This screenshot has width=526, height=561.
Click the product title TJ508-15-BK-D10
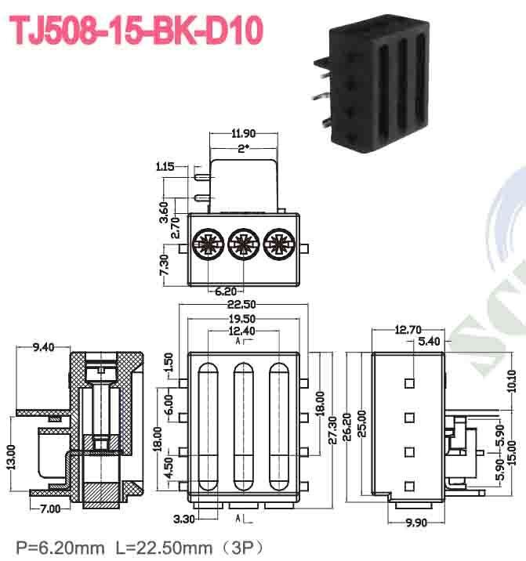point(134,30)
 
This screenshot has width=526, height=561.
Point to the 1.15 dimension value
point(165,167)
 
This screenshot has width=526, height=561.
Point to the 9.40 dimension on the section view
point(42,347)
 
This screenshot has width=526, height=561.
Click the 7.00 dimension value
point(50,509)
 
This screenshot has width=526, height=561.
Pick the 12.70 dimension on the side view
point(408,330)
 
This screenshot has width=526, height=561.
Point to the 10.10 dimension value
point(511,382)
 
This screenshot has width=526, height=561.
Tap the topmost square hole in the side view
point(408,384)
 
